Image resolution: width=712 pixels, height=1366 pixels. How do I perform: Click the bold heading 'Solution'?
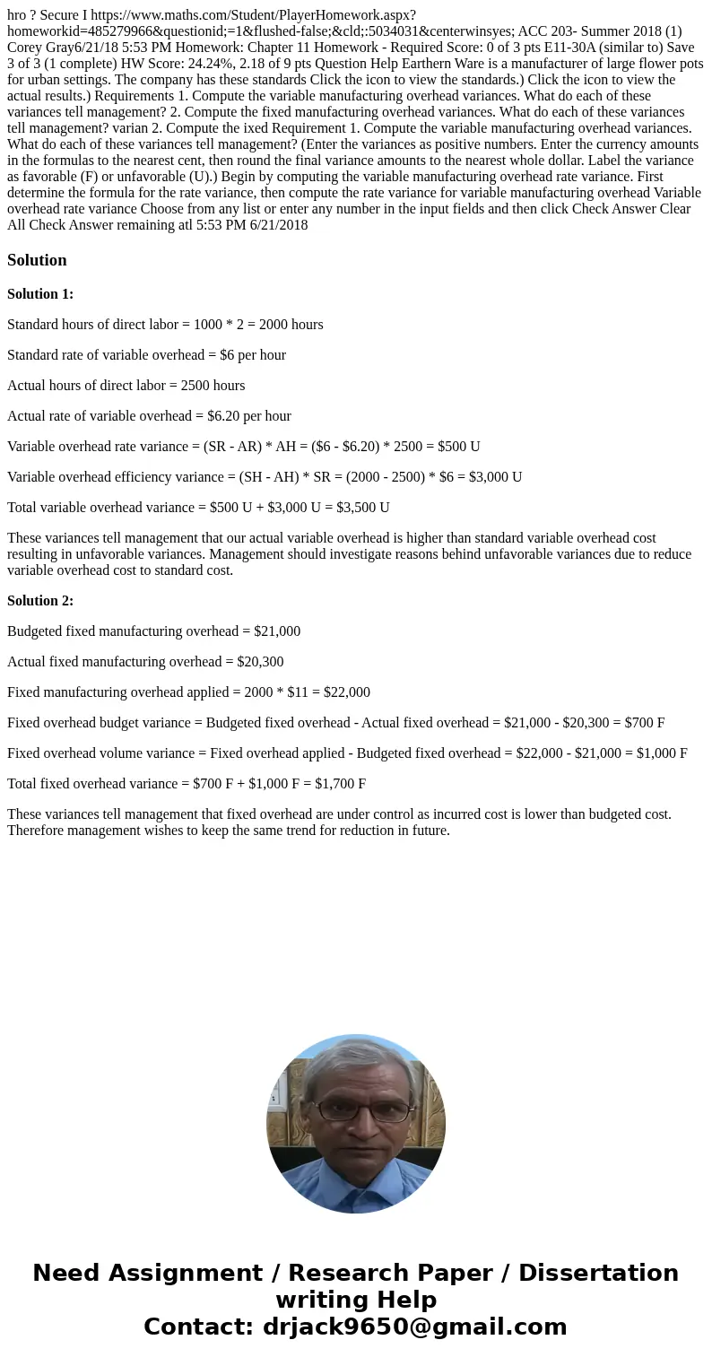pos(37,260)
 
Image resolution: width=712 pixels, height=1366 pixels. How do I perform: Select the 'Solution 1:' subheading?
pos(40,294)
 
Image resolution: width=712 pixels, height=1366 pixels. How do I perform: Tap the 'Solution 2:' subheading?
pos(40,601)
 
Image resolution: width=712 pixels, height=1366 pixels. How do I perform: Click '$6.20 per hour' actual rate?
pos(249,416)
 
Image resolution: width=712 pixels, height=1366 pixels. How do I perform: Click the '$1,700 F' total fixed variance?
pos(340,784)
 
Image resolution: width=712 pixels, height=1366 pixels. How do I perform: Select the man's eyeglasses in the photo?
pos(356,1110)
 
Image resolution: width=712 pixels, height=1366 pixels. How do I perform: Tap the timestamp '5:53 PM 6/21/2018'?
pos(251,225)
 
